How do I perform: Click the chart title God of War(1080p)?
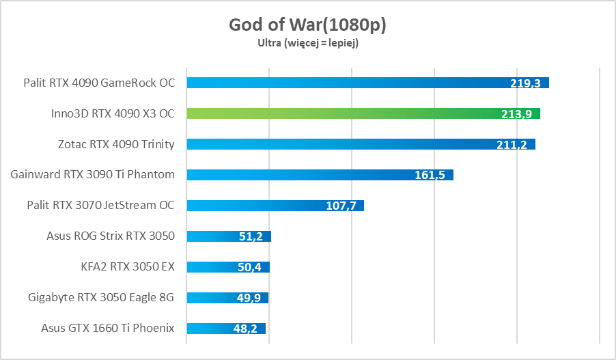pos(307,25)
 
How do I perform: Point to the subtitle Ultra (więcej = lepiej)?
pos(307,43)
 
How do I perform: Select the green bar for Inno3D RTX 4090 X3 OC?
pos(341,113)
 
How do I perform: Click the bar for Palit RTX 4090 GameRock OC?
pos(341,83)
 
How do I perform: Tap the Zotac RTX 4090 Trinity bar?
pos(341,144)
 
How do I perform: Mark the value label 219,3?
pos(525,83)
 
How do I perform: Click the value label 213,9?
pos(516,114)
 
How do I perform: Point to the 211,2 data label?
pos(512,145)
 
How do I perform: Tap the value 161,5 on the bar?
pos(430,176)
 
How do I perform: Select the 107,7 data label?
pos(340,206)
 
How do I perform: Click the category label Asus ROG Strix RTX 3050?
pos(111,236)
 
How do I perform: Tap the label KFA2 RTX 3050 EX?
pos(128,267)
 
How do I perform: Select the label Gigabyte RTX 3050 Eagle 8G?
pos(102,298)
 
